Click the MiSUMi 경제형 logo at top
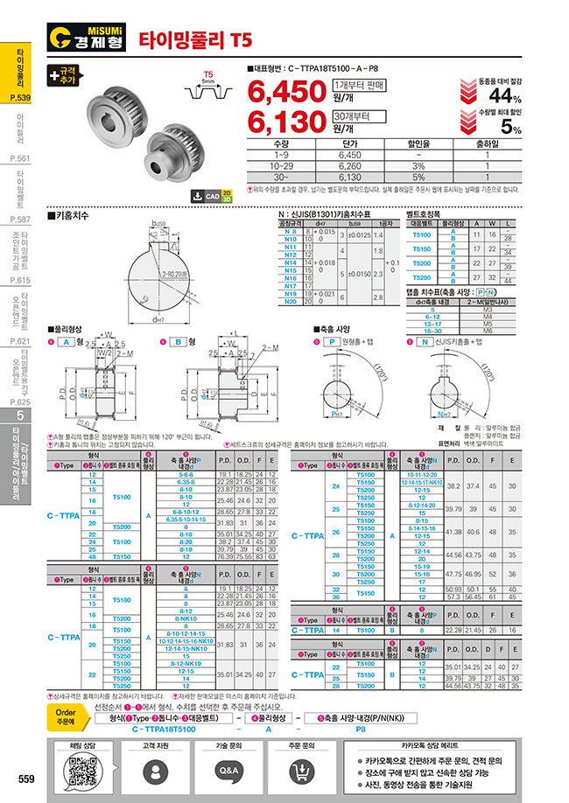[88, 38]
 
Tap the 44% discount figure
[505, 96]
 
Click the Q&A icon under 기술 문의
[228, 771]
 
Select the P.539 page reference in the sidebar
[21, 98]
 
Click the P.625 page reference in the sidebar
[21, 402]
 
